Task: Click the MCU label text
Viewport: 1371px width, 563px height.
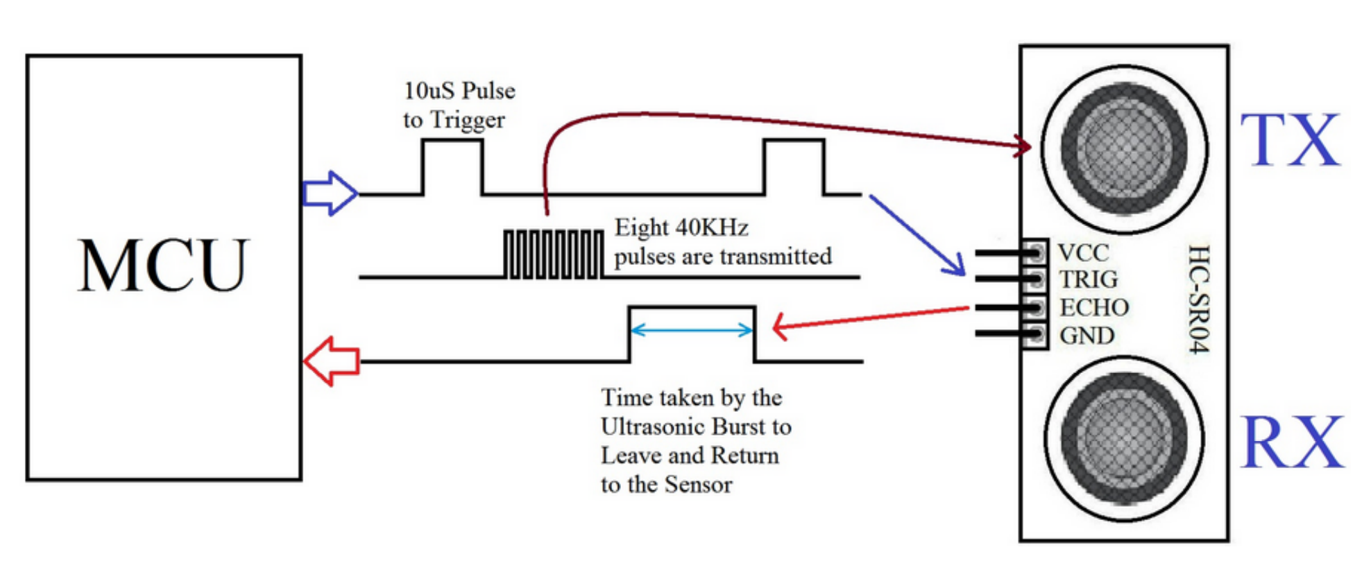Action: [164, 266]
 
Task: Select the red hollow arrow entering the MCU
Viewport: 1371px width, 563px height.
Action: [332, 361]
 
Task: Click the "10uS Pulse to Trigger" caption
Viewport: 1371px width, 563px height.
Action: [459, 105]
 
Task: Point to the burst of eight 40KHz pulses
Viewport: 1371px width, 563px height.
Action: [553, 254]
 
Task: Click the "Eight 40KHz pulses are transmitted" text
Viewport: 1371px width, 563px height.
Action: [722, 242]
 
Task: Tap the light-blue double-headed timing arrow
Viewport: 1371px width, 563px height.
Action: [691, 330]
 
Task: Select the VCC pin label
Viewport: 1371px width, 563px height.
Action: [1084, 252]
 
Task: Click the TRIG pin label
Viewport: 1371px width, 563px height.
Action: [1088, 279]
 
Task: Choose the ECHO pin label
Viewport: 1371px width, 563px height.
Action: [1094, 307]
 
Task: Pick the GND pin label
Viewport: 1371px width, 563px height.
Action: [1087, 336]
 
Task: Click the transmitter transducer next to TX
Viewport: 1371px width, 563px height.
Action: [1124, 149]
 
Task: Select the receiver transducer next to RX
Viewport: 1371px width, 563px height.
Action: [1124, 439]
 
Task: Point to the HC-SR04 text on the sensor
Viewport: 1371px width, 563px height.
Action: [1199, 298]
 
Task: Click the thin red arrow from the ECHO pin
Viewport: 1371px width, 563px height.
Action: [871, 318]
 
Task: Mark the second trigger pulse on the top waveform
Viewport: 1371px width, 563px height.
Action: [794, 166]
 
